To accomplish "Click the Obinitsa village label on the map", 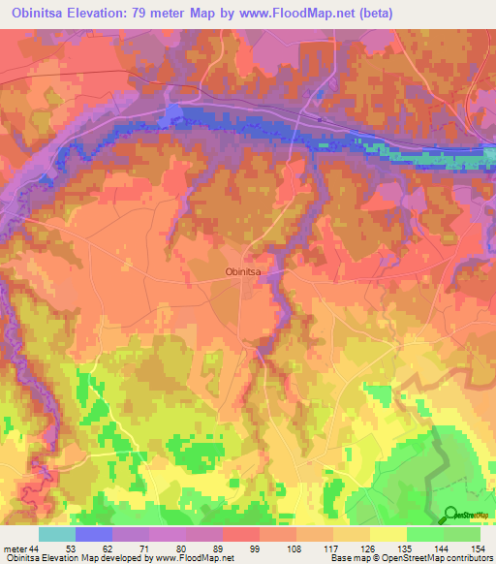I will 245,272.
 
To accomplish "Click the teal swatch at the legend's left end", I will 57,534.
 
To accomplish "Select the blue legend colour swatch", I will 94,534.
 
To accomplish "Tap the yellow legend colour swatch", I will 388,534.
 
